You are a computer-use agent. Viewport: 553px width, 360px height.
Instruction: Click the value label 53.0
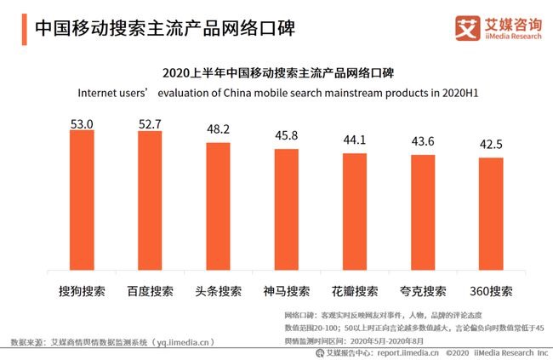point(83,123)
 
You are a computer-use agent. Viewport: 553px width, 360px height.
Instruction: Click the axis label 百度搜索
point(150,290)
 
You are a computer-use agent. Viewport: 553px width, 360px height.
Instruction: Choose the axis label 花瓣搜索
point(355,290)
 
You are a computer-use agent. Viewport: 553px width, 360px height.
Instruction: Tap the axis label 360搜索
point(491,290)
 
